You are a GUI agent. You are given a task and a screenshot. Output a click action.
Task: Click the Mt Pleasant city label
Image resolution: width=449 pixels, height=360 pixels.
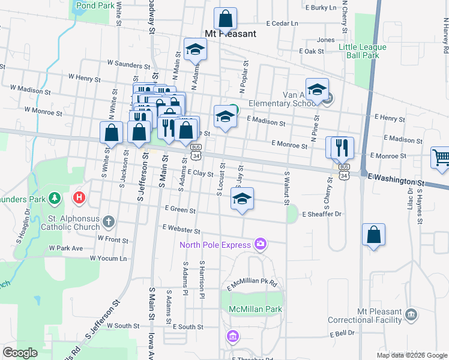tap(231, 34)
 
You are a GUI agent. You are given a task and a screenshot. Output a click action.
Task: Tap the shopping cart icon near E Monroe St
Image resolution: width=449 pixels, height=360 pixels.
tap(441, 157)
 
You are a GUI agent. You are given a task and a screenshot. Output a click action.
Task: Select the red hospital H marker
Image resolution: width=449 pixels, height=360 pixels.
tap(79, 197)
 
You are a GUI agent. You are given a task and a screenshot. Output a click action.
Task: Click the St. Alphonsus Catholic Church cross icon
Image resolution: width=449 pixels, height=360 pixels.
tap(109, 222)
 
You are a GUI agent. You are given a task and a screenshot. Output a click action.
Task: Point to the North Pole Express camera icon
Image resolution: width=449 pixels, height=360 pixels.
tap(261, 244)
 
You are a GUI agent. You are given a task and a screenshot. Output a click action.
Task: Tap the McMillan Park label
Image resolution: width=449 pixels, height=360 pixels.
tap(255, 309)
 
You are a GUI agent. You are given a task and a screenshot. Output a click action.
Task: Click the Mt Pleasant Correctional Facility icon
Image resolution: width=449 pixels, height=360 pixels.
tap(412, 314)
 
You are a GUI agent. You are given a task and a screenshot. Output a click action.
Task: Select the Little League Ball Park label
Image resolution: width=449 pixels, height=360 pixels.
tap(359, 51)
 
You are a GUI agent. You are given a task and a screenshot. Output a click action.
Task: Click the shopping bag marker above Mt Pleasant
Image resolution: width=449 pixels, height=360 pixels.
tap(225, 19)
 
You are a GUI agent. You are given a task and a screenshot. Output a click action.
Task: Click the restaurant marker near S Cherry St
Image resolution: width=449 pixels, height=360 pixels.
tap(342, 147)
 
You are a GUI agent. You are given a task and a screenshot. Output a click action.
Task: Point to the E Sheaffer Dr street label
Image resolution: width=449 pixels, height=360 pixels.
tap(322, 214)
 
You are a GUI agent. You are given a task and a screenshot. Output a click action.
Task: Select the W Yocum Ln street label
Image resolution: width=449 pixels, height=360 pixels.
tap(109, 259)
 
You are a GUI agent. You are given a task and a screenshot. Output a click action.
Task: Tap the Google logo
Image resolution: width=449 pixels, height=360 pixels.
tap(20, 352)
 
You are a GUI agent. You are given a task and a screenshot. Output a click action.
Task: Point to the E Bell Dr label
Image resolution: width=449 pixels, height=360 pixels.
tap(342, 333)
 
